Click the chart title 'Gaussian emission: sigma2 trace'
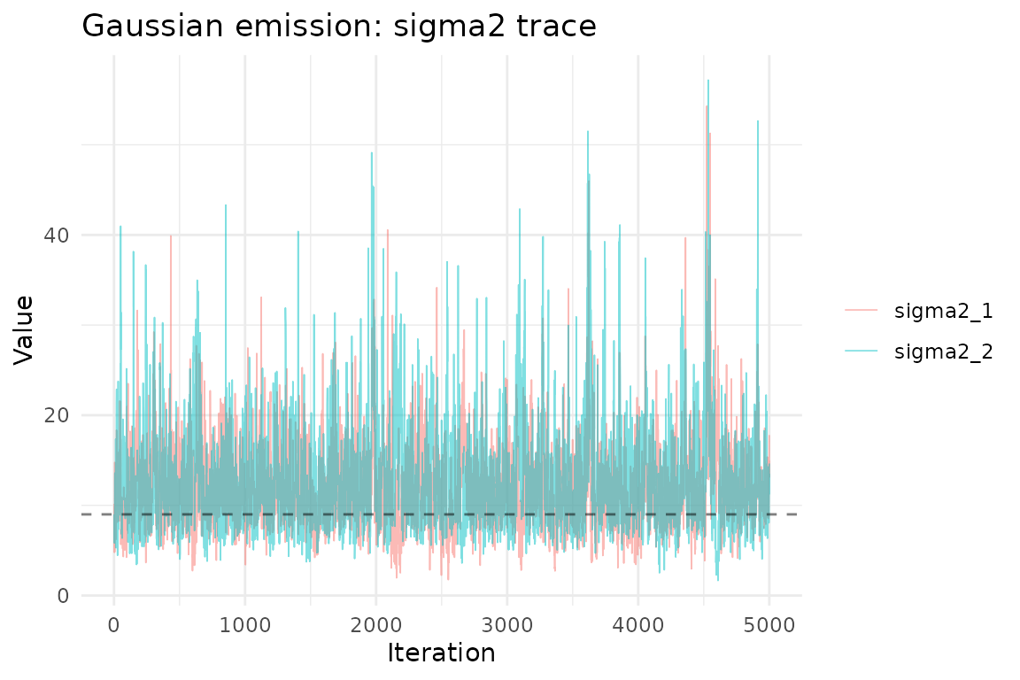pyautogui.click(x=339, y=27)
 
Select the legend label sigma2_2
pyautogui.click(x=944, y=352)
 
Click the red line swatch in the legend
pyautogui.click(x=861, y=310)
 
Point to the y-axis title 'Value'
pyautogui.click(x=24, y=329)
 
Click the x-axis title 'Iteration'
pyautogui.click(x=441, y=653)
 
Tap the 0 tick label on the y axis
pyautogui.click(x=63, y=595)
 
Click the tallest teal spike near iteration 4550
pyautogui.click(x=708, y=81)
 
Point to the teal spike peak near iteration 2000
pyautogui.click(x=372, y=153)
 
